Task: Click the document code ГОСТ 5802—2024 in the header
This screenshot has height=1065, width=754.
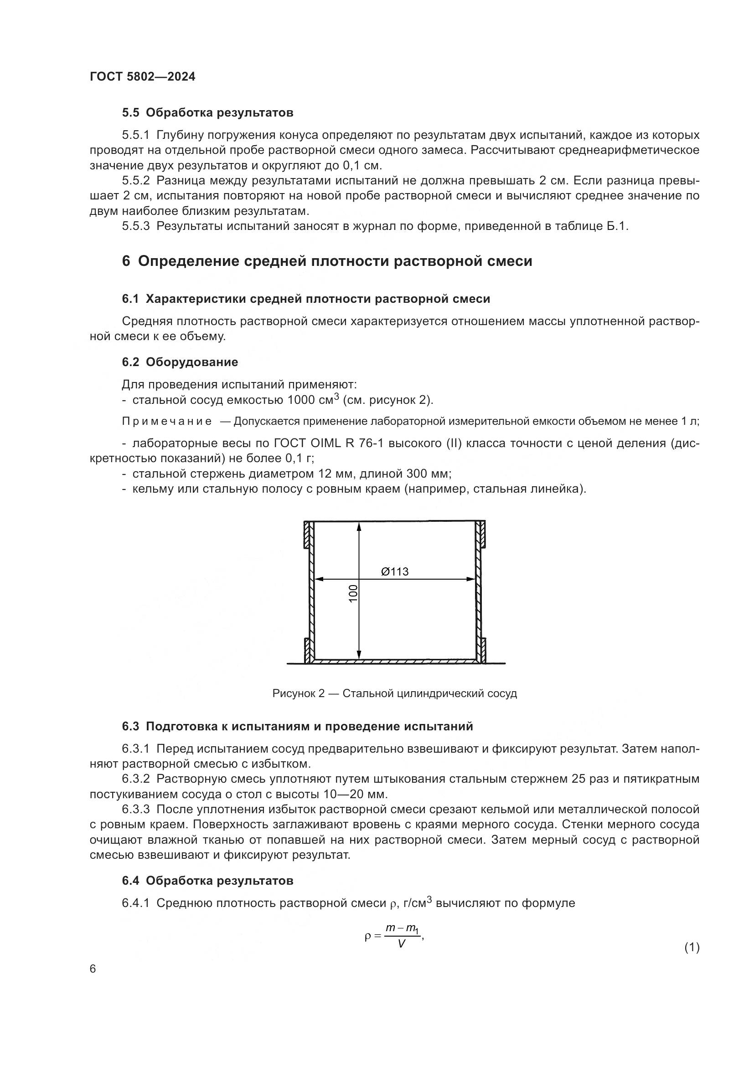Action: tap(143, 77)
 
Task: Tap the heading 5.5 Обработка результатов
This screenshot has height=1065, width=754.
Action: tap(207, 113)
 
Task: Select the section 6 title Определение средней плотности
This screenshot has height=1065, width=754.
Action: tap(327, 261)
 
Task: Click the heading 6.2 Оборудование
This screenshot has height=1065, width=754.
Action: tap(180, 362)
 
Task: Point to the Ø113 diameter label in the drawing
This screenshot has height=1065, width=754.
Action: tap(395, 571)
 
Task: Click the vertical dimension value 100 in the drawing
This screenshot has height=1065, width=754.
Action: tap(353, 594)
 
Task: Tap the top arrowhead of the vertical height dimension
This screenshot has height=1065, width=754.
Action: tap(359, 526)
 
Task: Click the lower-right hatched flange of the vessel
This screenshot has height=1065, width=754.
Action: tap(483, 649)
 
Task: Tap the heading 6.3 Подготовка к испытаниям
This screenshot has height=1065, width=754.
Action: tap(297, 727)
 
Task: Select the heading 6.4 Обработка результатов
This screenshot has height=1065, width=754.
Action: tap(207, 881)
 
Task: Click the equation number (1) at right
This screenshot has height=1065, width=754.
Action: tap(692, 948)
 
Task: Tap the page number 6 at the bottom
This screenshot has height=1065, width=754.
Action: tap(93, 969)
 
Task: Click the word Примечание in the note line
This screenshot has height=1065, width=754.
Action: tap(167, 422)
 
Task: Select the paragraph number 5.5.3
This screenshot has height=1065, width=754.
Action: tap(135, 226)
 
